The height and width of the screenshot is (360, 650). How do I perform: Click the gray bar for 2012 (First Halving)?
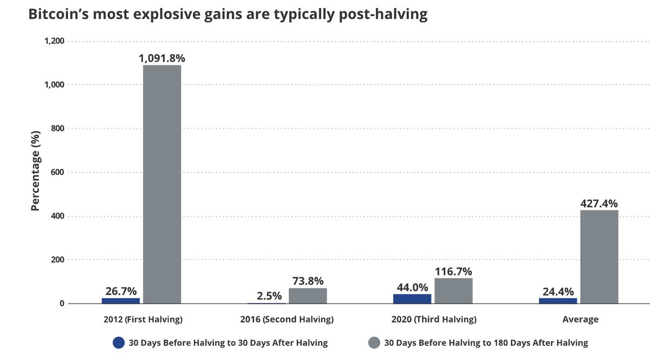(x=162, y=184)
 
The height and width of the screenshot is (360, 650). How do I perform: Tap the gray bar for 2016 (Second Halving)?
(x=308, y=296)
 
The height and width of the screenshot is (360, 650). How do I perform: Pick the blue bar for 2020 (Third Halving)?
(x=412, y=298)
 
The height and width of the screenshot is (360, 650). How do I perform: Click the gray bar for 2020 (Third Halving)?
(x=453, y=291)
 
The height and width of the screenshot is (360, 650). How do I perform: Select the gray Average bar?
(x=599, y=257)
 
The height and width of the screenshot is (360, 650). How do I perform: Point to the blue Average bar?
(x=558, y=300)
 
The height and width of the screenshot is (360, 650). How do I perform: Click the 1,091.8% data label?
(x=162, y=57)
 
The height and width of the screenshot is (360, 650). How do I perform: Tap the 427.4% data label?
(x=599, y=203)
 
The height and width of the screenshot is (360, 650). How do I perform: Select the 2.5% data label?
(x=269, y=296)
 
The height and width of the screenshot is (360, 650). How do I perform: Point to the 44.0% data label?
(x=412, y=287)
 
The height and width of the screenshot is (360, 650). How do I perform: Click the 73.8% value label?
(x=308, y=281)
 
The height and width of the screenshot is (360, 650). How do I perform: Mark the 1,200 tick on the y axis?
(x=55, y=41)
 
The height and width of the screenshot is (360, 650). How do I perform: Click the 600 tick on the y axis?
(x=58, y=172)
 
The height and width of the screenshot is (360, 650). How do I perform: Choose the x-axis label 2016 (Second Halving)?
(x=287, y=319)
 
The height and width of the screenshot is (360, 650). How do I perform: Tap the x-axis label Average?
(x=580, y=319)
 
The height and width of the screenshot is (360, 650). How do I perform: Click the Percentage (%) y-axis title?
(x=35, y=170)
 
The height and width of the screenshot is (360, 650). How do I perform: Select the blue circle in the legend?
(x=119, y=343)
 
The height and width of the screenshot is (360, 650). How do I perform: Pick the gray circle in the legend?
(x=374, y=343)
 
